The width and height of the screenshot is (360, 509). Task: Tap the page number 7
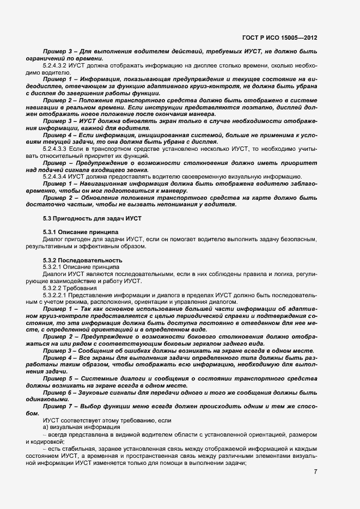[x=315, y=471]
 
